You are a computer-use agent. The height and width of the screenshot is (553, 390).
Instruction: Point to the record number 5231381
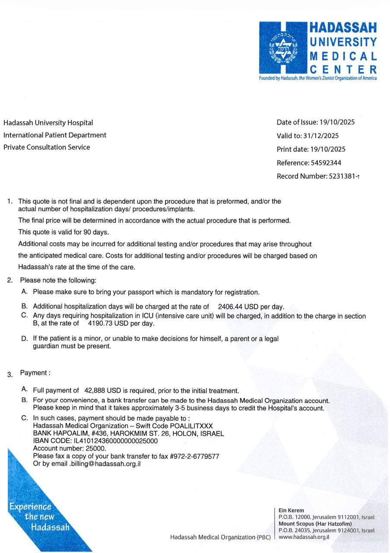[x=342, y=176]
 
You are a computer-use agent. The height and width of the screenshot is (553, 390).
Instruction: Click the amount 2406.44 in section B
[x=230, y=307]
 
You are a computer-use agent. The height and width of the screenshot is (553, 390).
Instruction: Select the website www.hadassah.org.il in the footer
[x=304, y=537]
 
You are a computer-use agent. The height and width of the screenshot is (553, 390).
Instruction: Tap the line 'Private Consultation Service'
[x=47, y=147]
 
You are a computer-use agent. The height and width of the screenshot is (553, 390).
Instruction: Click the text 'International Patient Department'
[x=55, y=135]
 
